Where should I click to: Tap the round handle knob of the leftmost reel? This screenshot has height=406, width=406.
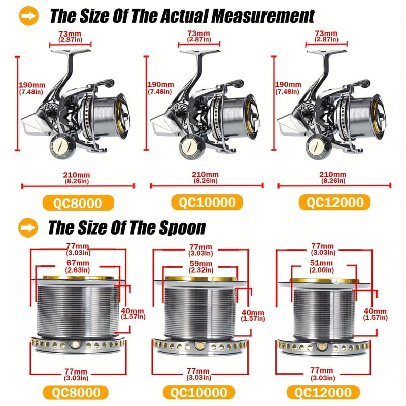(x=61, y=147)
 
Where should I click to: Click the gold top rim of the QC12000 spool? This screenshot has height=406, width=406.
(x=324, y=280)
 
